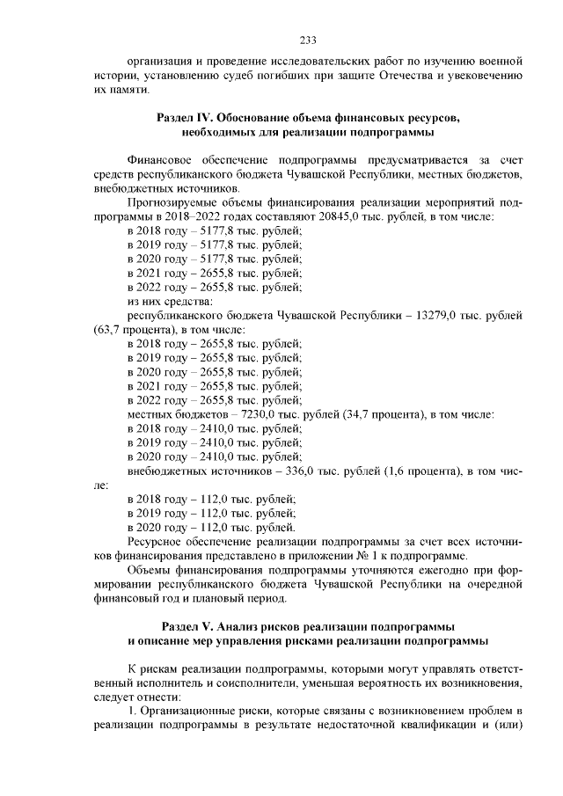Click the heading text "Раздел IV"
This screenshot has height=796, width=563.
pyautogui.click(x=186, y=116)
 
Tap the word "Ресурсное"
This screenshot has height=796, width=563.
pyautogui.click(x=159, y=542)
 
